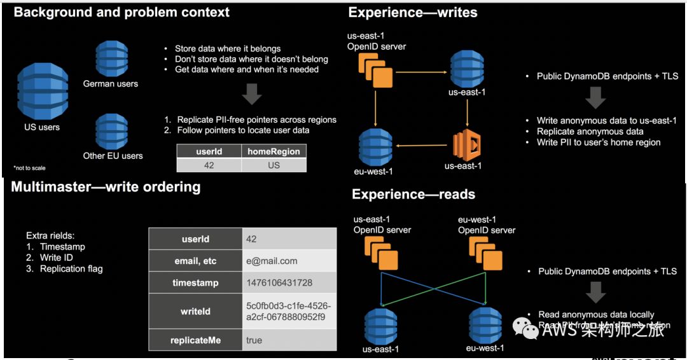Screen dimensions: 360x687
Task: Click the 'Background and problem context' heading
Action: [x=121, y=12]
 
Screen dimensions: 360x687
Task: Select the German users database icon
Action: [x=111, y=59]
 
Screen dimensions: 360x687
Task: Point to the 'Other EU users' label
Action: [x=113, y=156]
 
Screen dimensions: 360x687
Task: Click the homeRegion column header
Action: [x=274, y=151]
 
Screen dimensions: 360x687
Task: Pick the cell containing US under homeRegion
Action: [x=274, y=164]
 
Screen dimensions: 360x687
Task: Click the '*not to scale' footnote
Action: [x=29, y=168]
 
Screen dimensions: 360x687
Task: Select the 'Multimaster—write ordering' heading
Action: [x=106, y=187]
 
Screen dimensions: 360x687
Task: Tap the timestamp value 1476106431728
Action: [x=279, y=283]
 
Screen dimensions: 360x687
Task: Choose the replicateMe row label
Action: [x=195, y=340]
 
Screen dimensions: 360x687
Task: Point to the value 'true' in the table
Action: [x=254, y=340]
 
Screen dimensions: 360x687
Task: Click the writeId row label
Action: [x=195, y=312]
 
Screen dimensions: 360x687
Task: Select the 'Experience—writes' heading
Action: [x=413, y=12]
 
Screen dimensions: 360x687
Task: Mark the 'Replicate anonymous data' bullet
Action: [x=590, y=132]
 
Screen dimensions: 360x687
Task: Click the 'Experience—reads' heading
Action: [x=413, y=194]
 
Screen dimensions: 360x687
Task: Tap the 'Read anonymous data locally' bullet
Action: [x=596, y=314]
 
